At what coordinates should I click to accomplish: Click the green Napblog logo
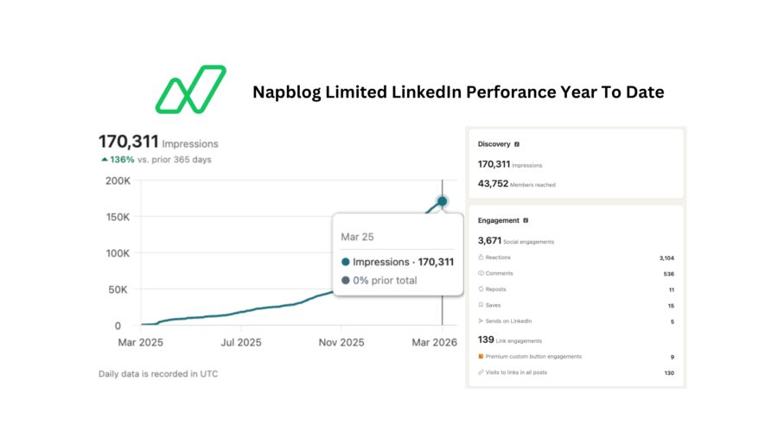click(x=190, y=89)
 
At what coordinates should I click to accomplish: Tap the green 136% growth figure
click(x=121, y=159)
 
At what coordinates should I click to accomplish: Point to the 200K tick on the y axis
click(x=118, y=181)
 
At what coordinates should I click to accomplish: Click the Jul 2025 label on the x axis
click(x=240, y=343)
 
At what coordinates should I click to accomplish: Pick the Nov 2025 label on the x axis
click(x=341, y=343)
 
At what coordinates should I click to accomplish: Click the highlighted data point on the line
click(x=443, y=201)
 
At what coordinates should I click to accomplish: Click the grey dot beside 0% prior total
click(x=346, y=280)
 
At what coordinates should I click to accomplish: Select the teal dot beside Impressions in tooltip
click(x=346, y=261)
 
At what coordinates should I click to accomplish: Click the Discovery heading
click(x=494, y=144)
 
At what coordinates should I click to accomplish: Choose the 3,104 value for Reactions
click(x=665, y=257)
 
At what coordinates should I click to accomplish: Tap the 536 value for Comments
click(x=668, y=274)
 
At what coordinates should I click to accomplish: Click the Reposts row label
click(x=496, y=289)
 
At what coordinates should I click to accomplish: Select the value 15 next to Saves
click(x=671, y=305)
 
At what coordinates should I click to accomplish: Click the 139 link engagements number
click(x=486, y=339)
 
